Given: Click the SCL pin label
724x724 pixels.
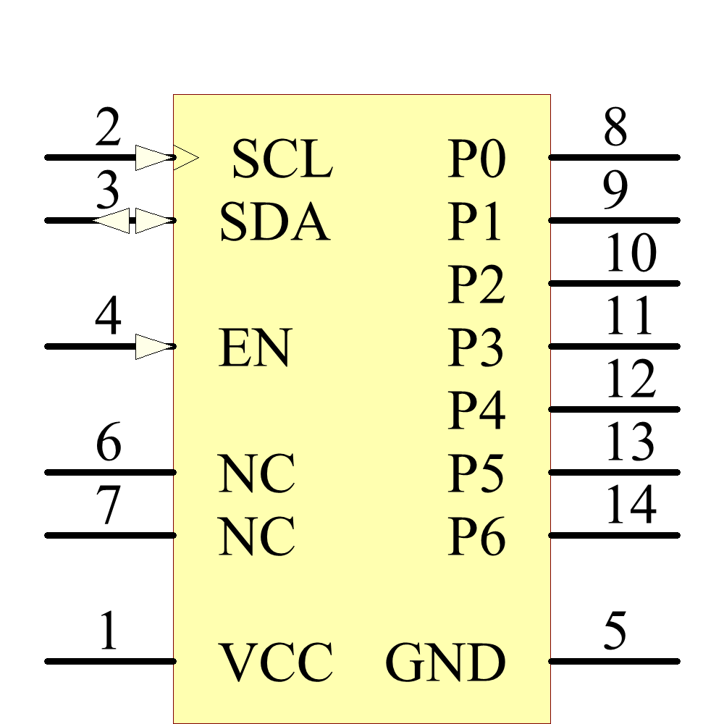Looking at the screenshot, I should tap(282, 159).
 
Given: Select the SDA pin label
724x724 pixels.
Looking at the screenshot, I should tap(274, 222).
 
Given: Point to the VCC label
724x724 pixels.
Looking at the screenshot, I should tap(276, 662).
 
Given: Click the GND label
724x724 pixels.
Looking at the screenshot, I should tap(445, 662).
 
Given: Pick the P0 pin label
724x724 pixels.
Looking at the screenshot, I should tap(476, 159).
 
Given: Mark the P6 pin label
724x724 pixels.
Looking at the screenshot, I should tap(476, 537).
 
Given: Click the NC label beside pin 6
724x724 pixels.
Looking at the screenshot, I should tap(256, 474).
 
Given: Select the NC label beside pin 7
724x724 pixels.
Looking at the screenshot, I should tap(256, 537).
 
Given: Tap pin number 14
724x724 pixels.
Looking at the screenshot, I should tap(631, 505).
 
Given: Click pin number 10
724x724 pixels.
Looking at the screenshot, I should tap(631, 253).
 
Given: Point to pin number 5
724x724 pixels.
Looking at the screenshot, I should tap(615, 631).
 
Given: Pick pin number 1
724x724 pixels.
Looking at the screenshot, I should tap(108, 631).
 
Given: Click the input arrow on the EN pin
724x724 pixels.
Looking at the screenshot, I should tap(155, 346).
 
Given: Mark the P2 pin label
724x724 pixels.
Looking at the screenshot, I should tap(476, 285).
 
